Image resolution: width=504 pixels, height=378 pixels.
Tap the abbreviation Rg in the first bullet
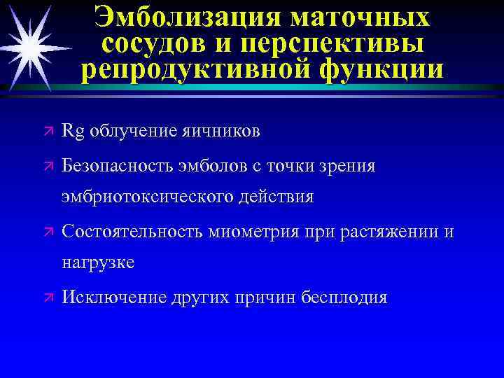(x=72, y=131)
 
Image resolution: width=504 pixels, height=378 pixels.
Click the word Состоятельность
(x=134, y=232)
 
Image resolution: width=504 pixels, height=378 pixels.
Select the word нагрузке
(x=98, y=263)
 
